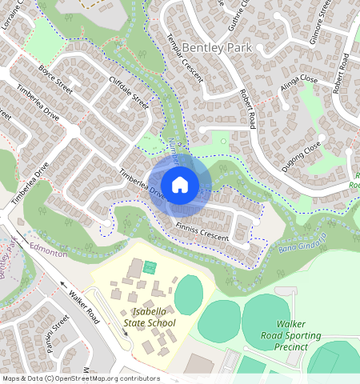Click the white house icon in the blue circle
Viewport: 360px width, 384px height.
pyautogui.click(x=180, y=185)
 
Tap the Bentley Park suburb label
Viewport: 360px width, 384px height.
pyautogui.click(x=216, y=48)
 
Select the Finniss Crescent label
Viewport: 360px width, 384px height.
pyautogui.click(x=202, y=231)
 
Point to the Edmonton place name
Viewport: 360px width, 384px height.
pyautogui.click(x=48, y=252)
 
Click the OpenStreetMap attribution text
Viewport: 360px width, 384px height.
pyautogui.click(x=81, y=378)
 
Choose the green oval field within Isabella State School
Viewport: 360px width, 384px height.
pyautogui.click(x=188, y=295)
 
